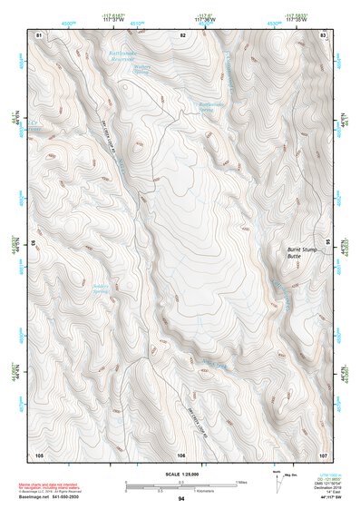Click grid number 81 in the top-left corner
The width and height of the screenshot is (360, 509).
(39, 34)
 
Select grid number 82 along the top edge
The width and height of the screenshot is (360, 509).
(182, 34)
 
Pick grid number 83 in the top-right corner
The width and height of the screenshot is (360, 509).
(324, 34)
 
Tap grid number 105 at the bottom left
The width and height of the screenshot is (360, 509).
(39, 453)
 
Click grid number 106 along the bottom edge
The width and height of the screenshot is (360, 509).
(182, 453)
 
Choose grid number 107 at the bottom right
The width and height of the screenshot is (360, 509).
(323, 453)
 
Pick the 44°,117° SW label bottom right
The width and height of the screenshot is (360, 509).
(325, 499)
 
